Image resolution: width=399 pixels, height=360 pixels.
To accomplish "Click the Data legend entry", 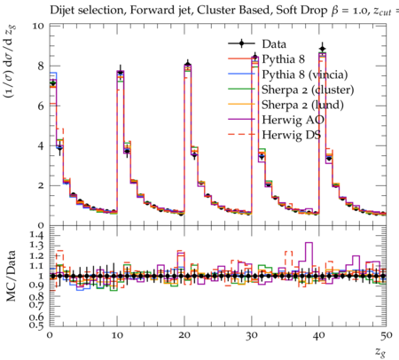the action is (x=274, y=44).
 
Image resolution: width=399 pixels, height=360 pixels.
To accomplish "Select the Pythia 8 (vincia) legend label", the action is (x=305, y=74).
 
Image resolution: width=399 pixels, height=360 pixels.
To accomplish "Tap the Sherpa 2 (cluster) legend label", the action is (x=308, y=90).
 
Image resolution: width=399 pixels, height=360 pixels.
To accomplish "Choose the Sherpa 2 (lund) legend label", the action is (x=302, y=105).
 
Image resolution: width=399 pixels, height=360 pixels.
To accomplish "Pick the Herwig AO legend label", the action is (x=293, y=120).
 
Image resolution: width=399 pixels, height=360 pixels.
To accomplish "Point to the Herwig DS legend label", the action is (x=292, y=135).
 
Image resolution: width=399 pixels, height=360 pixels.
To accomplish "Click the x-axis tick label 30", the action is (x=252, y=335).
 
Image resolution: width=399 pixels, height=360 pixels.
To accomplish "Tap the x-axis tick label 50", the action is (x=387, y=335).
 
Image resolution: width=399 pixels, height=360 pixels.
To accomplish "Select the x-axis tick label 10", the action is (x=117, y=335).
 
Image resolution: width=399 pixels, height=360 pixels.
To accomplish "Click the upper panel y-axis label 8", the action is (x=41, y=66).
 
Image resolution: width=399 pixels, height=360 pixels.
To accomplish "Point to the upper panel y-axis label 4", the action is (x=41, y=145).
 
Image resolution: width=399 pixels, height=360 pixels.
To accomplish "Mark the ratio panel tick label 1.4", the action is (x=36, y=236).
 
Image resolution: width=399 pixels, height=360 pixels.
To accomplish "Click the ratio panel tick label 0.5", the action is (x=36, y=325).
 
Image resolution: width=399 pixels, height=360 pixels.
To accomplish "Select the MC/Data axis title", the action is (x=11, y=276).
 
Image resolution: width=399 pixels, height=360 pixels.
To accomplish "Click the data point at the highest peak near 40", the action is (x=323, y=49).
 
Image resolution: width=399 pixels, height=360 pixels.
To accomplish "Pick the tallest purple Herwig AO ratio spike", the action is (x=309, y=243).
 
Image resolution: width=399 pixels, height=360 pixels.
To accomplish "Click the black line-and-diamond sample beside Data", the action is (x=241, y=43).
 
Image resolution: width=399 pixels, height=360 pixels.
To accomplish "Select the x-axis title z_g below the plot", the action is (x=380, y=352).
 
